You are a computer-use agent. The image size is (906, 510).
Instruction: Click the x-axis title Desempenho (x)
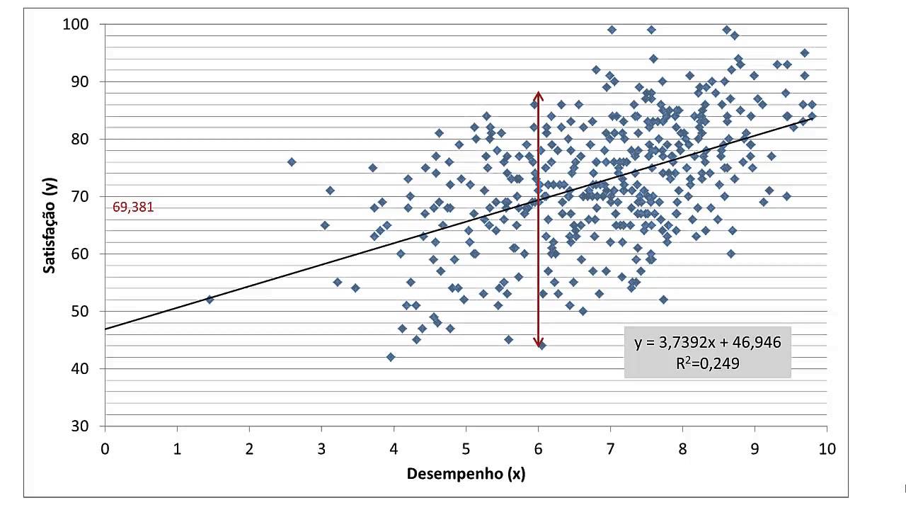coord(466,475)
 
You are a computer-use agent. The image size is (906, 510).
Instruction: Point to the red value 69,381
coord(133,208)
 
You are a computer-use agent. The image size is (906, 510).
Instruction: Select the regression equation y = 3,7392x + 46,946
coord(707,343)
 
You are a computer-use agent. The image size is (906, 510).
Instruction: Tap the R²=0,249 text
coord(707,363)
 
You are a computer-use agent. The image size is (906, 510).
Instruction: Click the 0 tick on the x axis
coord(105,448)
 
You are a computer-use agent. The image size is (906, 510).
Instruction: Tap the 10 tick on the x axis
coord(827,448)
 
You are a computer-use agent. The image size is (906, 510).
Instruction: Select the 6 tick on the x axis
coord(538,448)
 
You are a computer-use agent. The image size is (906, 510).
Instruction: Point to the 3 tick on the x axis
coord(321,448)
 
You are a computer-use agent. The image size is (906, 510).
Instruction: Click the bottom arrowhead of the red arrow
coord(539,344)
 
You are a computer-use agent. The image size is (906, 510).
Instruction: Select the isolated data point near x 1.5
coord(210,300)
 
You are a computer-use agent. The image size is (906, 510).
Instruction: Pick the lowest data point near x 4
coord(391,357)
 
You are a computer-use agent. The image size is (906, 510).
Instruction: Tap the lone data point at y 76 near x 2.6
coord(292,162)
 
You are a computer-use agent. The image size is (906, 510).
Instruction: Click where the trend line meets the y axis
coord(105,329)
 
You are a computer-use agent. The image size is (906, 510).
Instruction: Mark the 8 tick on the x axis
coord(682,448)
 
